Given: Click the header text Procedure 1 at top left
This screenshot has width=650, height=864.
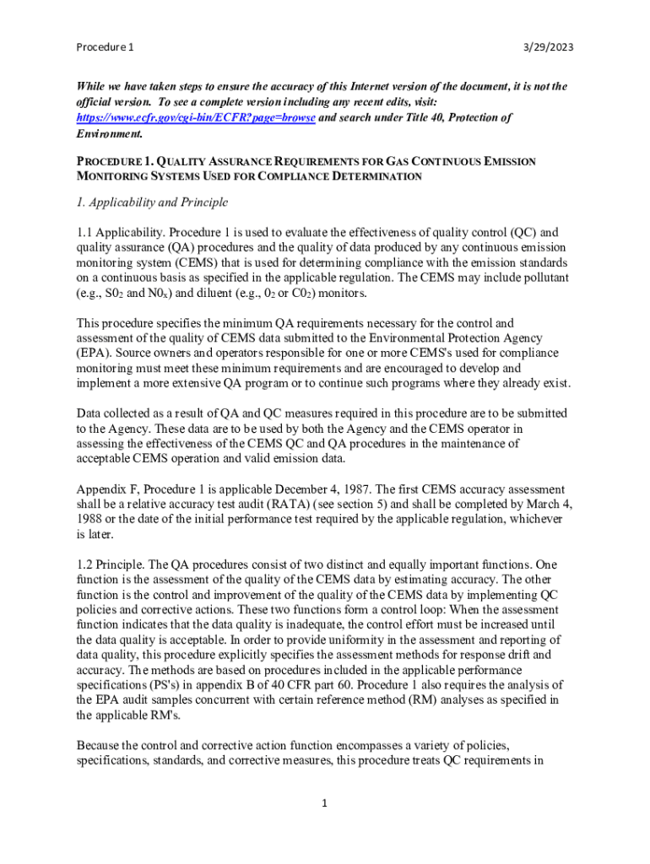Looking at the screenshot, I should (x=106, y=48).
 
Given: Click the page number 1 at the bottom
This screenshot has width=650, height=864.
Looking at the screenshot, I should (x=324, y=802).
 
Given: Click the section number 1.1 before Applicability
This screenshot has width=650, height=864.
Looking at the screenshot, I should (x=85, y=231).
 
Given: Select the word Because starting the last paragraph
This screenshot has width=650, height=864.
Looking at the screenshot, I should (x=103, y=745).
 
